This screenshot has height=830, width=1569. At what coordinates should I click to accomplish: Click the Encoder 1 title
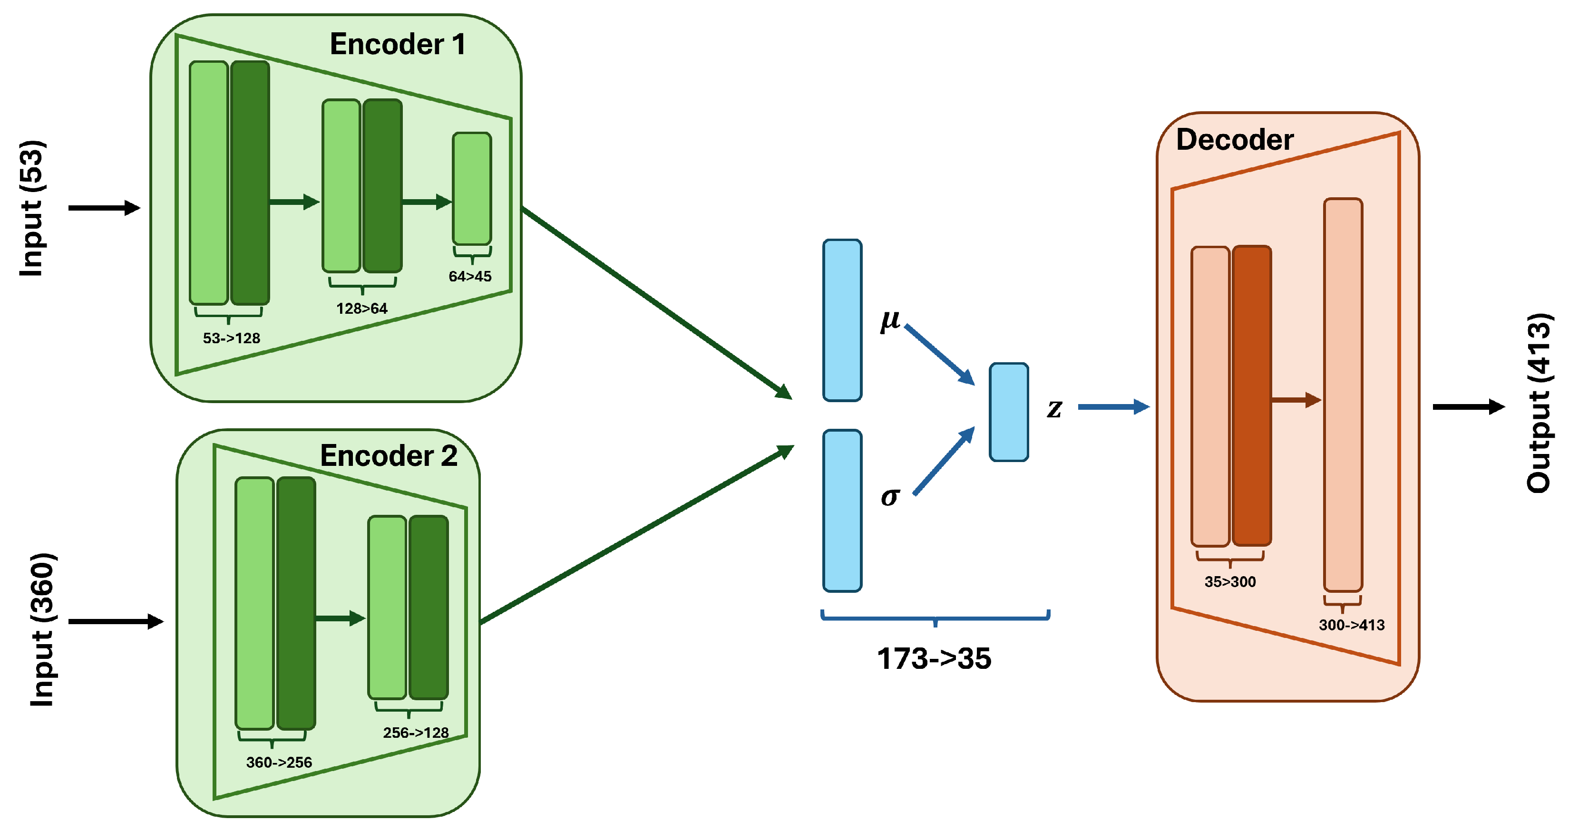coord(398,45)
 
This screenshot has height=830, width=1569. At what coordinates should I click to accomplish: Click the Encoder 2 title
coord(389,456)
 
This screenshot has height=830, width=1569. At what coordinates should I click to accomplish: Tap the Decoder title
coord(1235,140)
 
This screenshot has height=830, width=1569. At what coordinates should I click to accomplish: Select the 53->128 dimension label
coord(232,338)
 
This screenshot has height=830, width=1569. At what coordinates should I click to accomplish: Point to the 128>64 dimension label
coord(362,309)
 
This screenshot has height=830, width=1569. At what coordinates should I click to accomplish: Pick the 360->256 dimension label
coord(279,762)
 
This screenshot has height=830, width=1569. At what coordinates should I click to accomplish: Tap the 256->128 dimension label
coord(416,733)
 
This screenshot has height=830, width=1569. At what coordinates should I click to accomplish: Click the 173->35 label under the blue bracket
coord(934,659)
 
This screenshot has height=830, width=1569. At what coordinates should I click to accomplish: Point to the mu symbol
coord(890,319)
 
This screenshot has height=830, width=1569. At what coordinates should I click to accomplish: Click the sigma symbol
coord(890,497)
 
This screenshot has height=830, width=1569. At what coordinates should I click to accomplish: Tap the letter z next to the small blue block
coord(1054,408)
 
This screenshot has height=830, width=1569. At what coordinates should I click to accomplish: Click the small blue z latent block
coord(1009,412)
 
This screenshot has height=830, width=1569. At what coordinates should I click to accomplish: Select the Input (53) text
coord(32,209)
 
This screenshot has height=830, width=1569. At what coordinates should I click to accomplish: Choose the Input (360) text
coord(43,630)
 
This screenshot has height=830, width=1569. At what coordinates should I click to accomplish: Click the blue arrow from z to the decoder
coord(1112,407)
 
